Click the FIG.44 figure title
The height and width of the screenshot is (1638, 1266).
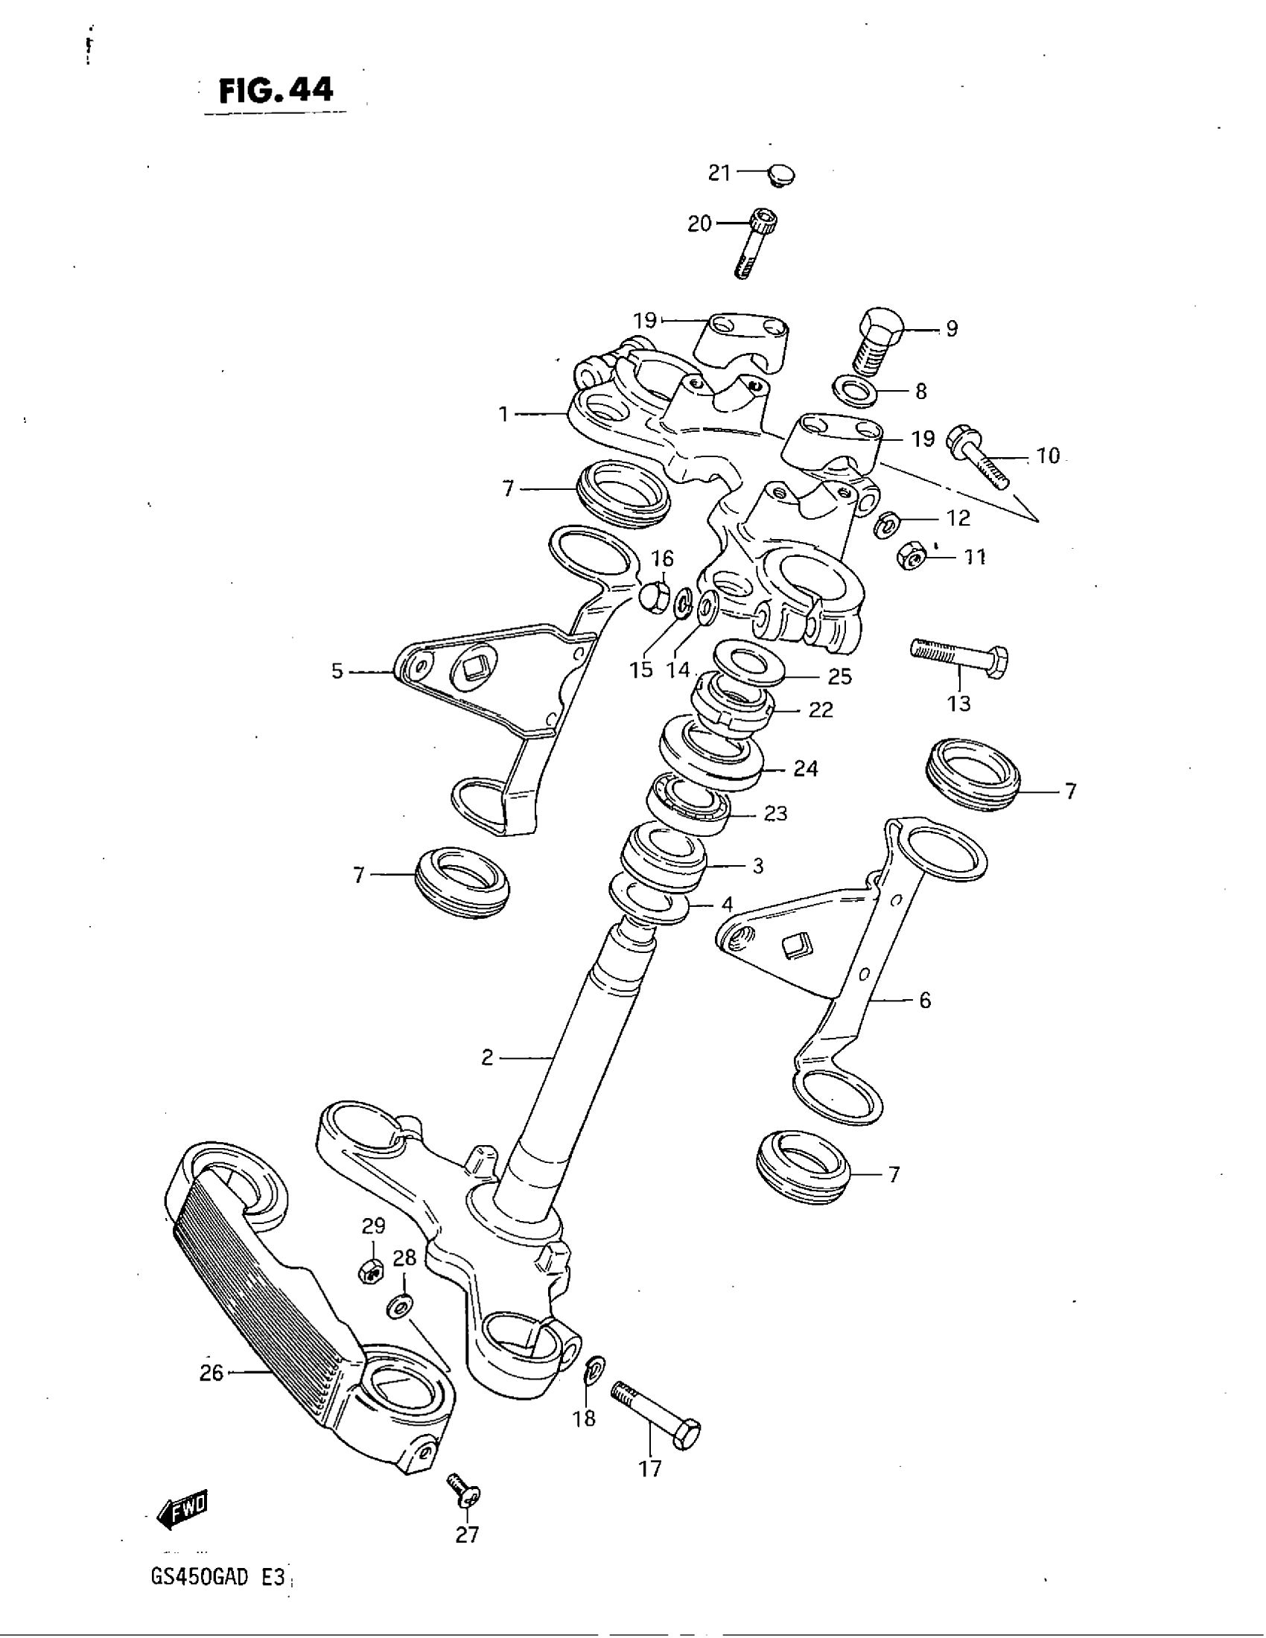276,91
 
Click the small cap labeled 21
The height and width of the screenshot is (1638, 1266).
781,176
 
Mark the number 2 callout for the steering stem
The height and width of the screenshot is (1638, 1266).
488,1057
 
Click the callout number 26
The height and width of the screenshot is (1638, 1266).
211,1372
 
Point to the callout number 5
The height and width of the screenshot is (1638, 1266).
337,672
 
